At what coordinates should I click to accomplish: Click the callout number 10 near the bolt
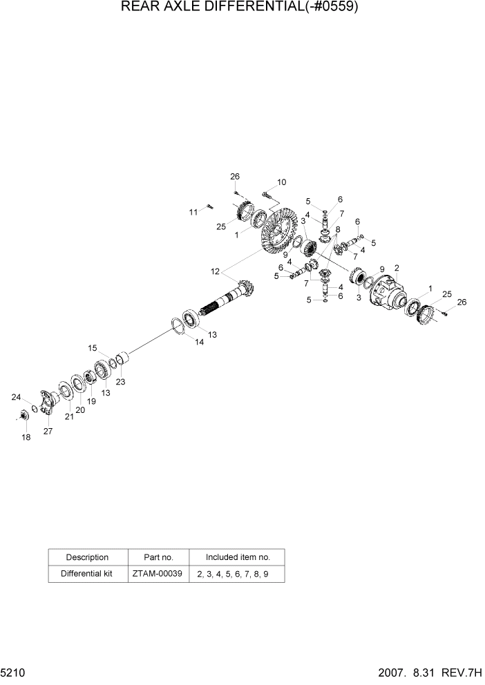(x=281, y=182)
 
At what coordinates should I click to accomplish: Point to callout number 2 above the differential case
(x=397, y=268)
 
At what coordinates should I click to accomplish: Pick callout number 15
(x=93, y=347)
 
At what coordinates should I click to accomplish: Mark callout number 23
(x=120, y=381)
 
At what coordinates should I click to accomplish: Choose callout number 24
(x=16, y=397)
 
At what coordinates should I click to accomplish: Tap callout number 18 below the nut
(x=26, y=438)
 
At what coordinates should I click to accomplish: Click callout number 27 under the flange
(x=48, y=432)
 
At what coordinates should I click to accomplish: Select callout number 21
(x=69, y=416)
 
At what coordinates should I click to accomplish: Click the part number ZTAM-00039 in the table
(x=158, y=573)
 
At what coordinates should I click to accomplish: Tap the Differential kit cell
(x=87, y=573)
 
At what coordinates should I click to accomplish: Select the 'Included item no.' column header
(x=238, y=557)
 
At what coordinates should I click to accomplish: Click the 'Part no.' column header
(x=158, y=557)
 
